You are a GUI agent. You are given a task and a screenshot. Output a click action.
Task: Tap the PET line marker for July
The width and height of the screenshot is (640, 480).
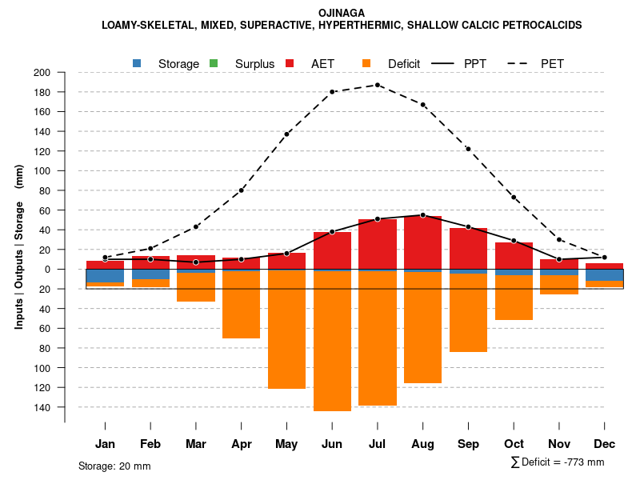[x=378, y=85]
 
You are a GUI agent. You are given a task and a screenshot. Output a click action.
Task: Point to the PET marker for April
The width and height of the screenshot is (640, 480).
[x=242, y=190]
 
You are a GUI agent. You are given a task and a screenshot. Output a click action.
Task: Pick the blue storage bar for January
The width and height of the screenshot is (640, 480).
[x=105, y=276]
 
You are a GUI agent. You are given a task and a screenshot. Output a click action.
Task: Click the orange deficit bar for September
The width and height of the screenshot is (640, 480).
[x=468, y=313]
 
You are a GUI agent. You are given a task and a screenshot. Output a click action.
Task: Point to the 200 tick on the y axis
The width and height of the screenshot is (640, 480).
[x=42, y=73]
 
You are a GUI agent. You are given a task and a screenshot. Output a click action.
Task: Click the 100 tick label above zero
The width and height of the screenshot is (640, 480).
[x=42, y=171]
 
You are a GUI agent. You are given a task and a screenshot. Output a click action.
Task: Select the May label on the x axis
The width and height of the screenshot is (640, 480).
[x=286, y=444]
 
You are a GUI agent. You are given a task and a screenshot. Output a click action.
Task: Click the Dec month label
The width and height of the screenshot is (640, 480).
[x=604, y=444]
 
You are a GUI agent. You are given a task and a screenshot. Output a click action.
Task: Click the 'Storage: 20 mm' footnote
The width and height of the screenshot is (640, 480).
[x=114, y=466]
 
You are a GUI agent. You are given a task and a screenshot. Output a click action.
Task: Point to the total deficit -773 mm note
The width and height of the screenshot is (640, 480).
[x=558, y=462]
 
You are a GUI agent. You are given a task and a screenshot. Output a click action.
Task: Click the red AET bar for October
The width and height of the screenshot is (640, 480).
[x=514, y=255]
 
